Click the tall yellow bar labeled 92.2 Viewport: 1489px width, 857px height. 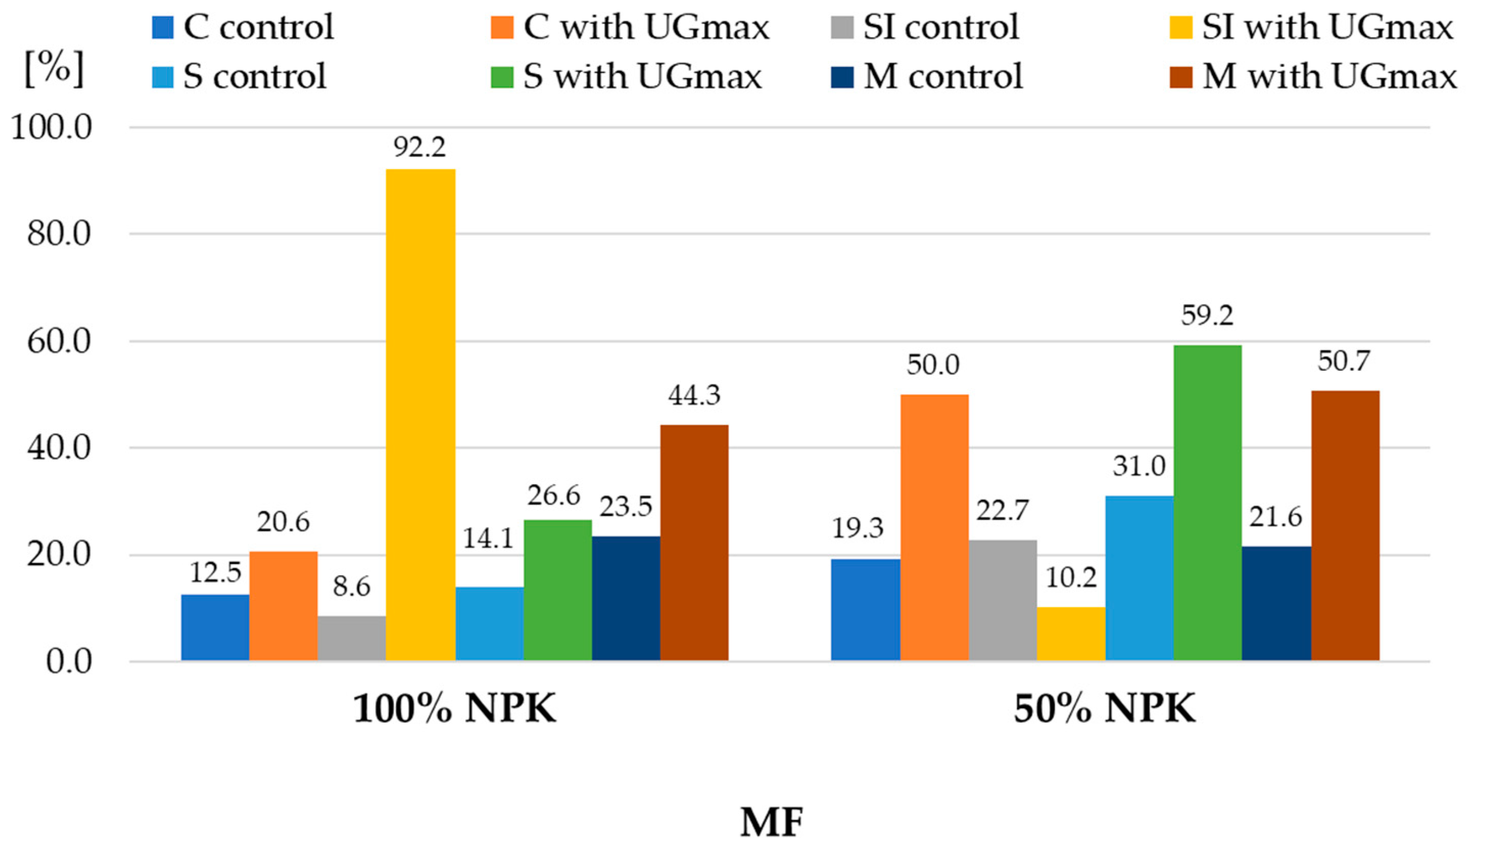click(420, 414)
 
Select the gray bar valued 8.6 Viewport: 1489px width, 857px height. click(351, 638)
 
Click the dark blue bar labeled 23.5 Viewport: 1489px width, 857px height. click(626, 598)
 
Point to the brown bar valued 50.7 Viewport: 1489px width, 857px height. click(1345, 525)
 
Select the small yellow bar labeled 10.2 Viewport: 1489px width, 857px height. click(1071, 633)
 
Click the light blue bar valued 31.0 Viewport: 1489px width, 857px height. click(1139, 578)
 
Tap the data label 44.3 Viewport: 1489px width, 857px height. click(693, 395)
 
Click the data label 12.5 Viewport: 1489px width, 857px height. click(215, 572)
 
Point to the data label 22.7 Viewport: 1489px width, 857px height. click(1002, 510)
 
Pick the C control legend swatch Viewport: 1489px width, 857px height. click(162, 27)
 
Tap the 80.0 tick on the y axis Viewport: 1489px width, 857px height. click(59, 234)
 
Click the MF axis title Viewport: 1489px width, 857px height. click(771, 822)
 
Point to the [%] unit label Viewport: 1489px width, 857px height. click(54, 69)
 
